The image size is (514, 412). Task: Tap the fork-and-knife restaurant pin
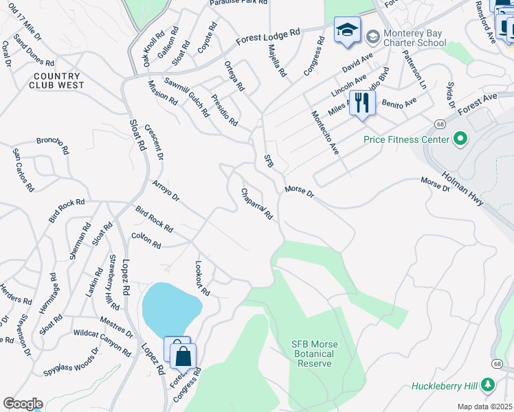pos(362,104)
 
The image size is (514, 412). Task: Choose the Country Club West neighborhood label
pos(57,80)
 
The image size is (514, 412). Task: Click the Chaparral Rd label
pos(257,204)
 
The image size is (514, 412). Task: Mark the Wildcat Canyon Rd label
pos(102,342)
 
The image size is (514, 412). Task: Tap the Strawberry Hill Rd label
pos(113,282)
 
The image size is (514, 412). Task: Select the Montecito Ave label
pos(325,133)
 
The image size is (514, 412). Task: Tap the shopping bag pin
pos(183,357)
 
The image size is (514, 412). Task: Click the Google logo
pos(23,404)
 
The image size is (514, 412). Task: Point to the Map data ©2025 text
pos(484,407)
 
